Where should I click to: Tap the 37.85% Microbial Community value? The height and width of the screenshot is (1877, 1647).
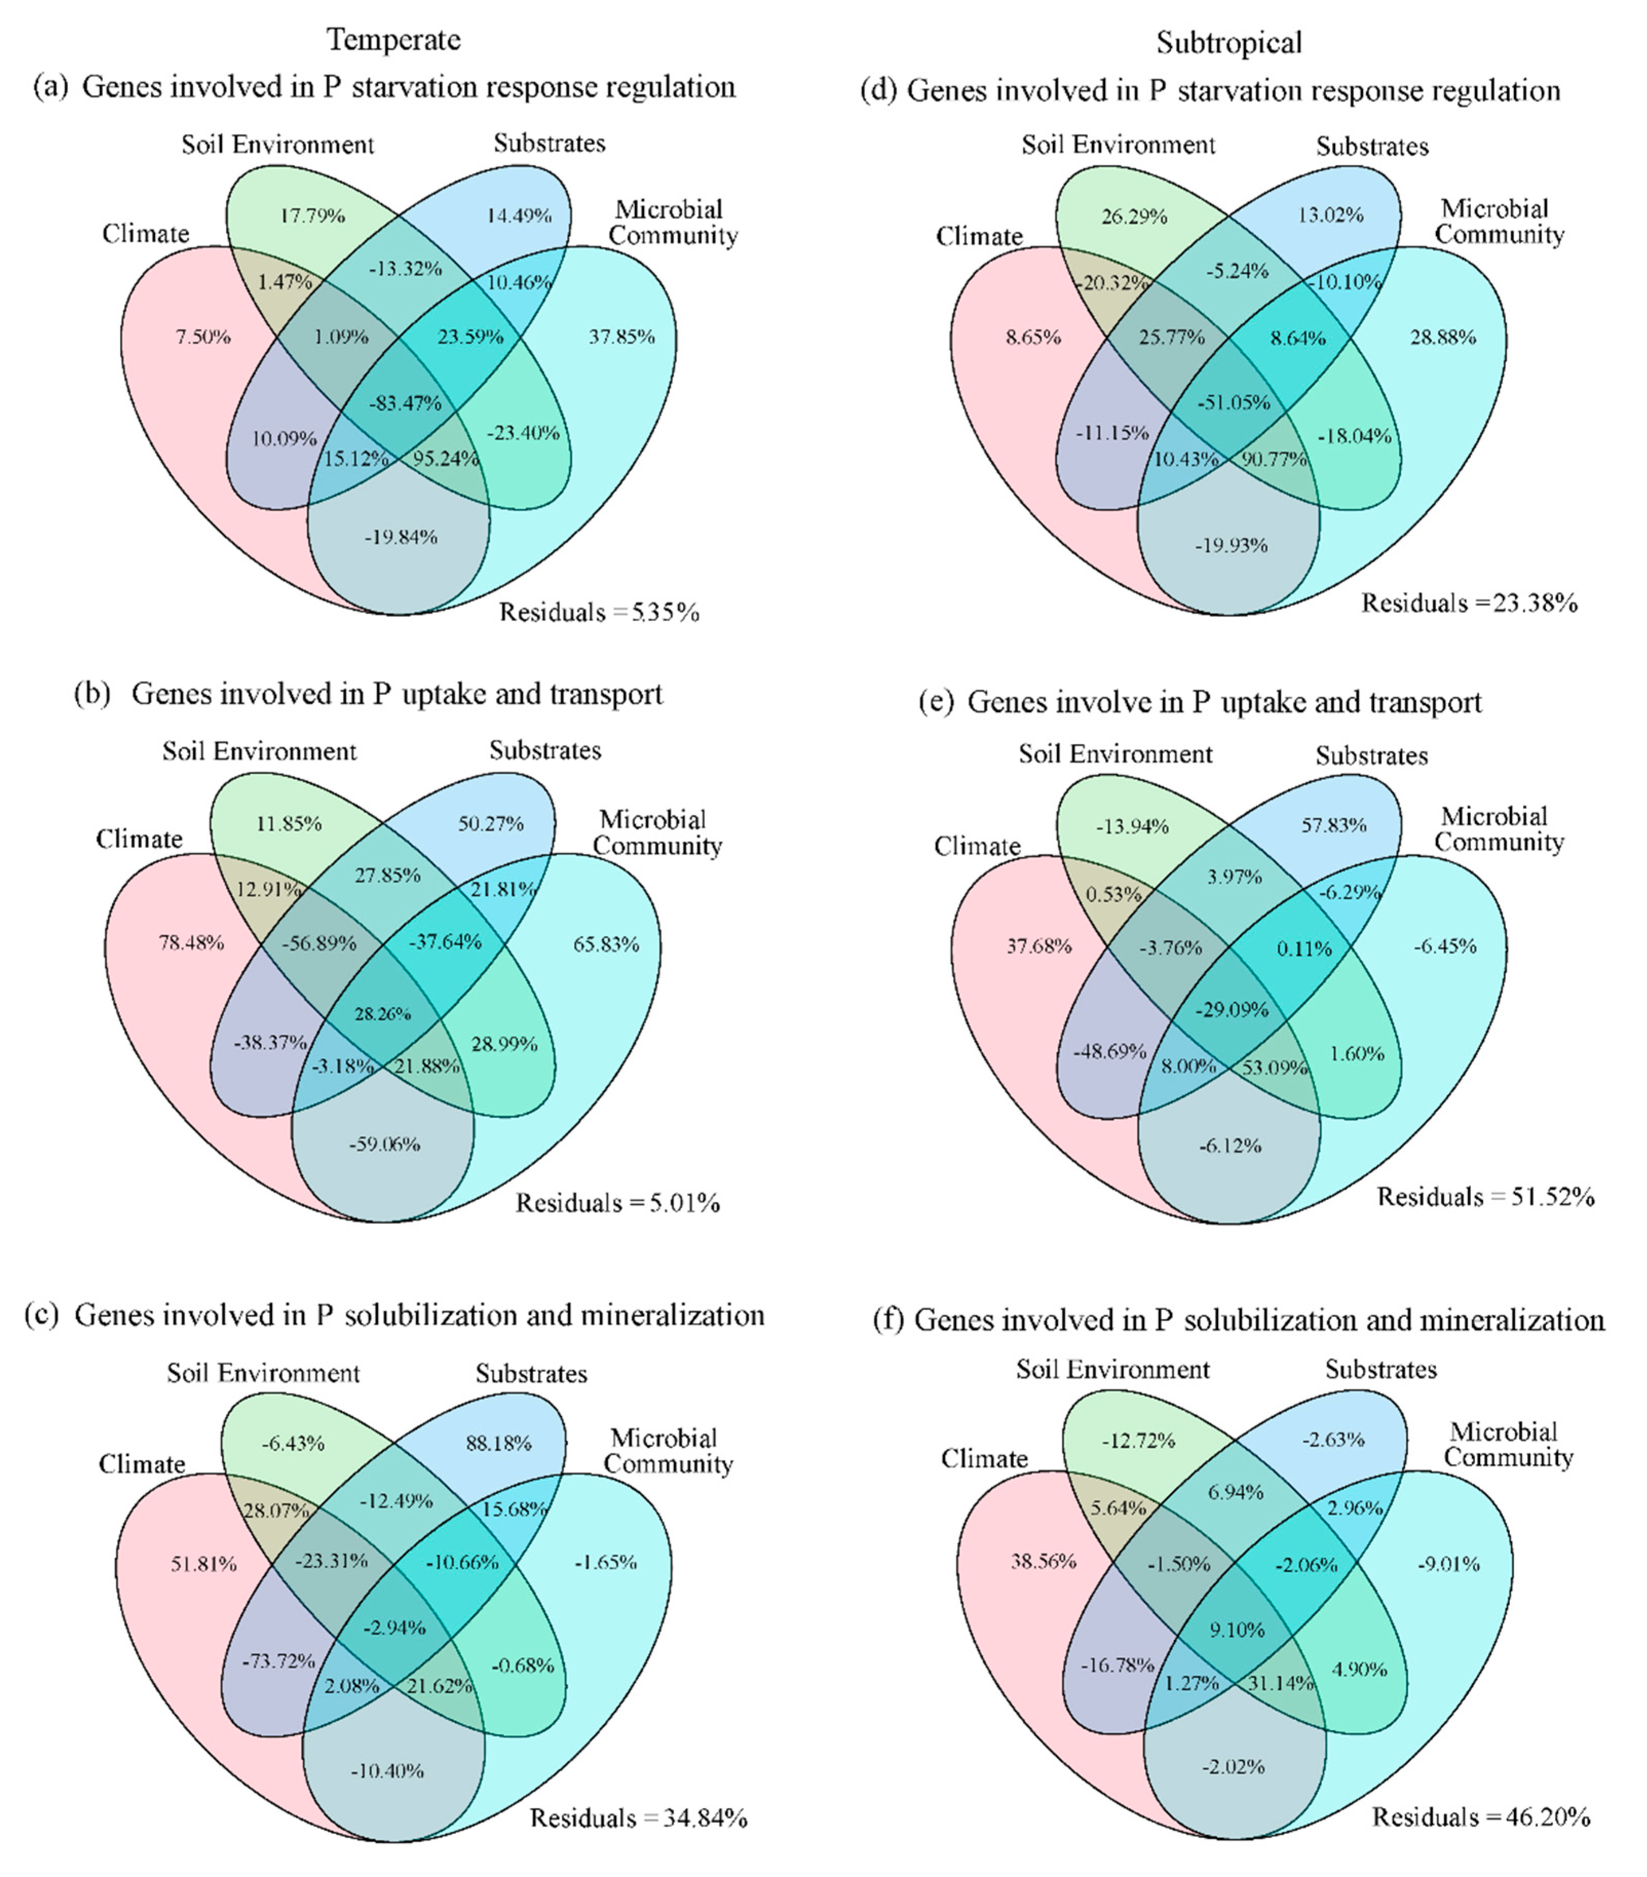coord(621,337)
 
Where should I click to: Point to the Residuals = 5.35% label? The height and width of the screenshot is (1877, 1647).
coord(599,612)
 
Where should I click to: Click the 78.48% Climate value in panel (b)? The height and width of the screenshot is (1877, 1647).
coord(191,942)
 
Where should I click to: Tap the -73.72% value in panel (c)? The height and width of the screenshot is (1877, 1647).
coord(278,1660)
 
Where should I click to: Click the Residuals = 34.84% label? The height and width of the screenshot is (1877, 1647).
coord(638,1817)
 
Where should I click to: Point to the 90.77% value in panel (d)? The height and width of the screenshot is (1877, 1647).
coord(1273,458)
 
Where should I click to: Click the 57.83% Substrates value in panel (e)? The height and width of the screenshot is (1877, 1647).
coord(1333,825)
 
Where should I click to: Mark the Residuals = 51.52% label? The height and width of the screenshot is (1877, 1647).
coord(1485,1196)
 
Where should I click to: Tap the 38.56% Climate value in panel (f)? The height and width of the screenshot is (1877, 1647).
coord(1043,1561)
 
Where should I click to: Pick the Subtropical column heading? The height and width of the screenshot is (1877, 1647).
coord(1228,42)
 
